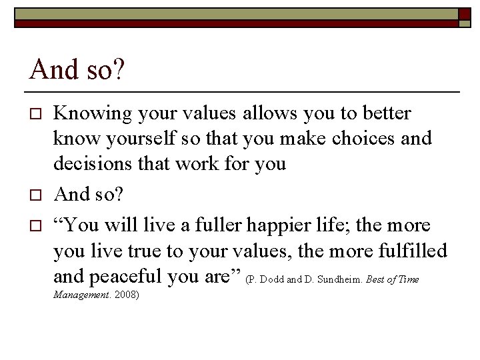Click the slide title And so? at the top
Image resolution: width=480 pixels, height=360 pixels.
[x=77, y=69]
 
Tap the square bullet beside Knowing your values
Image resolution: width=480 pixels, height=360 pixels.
[x=37, y=114]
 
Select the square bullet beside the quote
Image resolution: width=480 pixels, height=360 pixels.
[x=37, y=225]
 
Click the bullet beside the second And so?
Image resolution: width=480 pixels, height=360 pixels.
[x=37, y=194]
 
